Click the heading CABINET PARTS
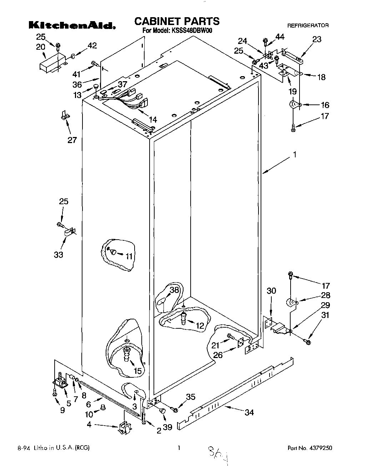tap(177, 21)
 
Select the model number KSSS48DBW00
tap(191, 31)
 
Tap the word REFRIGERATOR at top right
tap(308, 25)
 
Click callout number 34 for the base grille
tap(249, 412)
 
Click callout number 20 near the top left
tap(41, 46)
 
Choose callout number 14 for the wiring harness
tap(153, 120)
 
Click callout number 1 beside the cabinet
tap(295, 155)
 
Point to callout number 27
tap(72, 140)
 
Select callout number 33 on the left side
tap(58, 254)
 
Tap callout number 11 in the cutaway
tap(129, 256)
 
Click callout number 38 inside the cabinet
tap(174, 290)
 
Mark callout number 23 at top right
tap(317, 39)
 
